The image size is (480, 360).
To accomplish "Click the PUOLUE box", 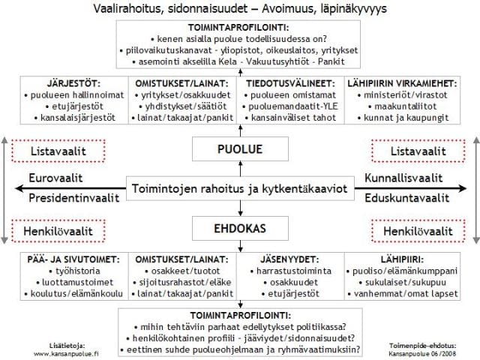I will click(239, 149).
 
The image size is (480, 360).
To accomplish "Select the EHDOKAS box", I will click(239, 227).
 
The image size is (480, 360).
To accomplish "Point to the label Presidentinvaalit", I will click(73, 199).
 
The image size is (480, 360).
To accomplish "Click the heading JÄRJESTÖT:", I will click(58, 83).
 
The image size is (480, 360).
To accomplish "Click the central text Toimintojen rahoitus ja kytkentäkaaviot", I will click(239, 188).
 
